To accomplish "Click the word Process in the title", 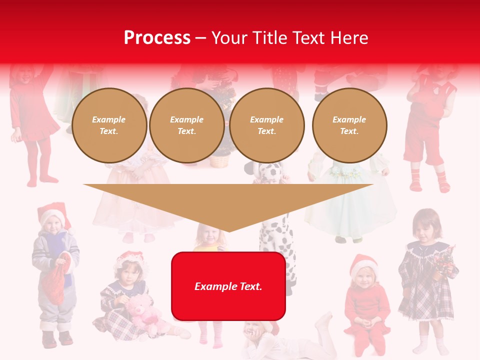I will pyautogui.click(x=157, y=38).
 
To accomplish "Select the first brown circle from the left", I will pyautogui.click(x=109, y=125).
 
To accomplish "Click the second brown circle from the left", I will pyautogui.click(x=187, y=125).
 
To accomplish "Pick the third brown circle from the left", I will pyautogui.click(x=267, y=125).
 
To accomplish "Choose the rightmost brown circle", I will pyautogui.click(x=349, y=125).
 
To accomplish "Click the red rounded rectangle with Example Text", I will pyautogui.click(x=228, y=286).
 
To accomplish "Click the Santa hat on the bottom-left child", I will pyautogui.click(x=52, y=212).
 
